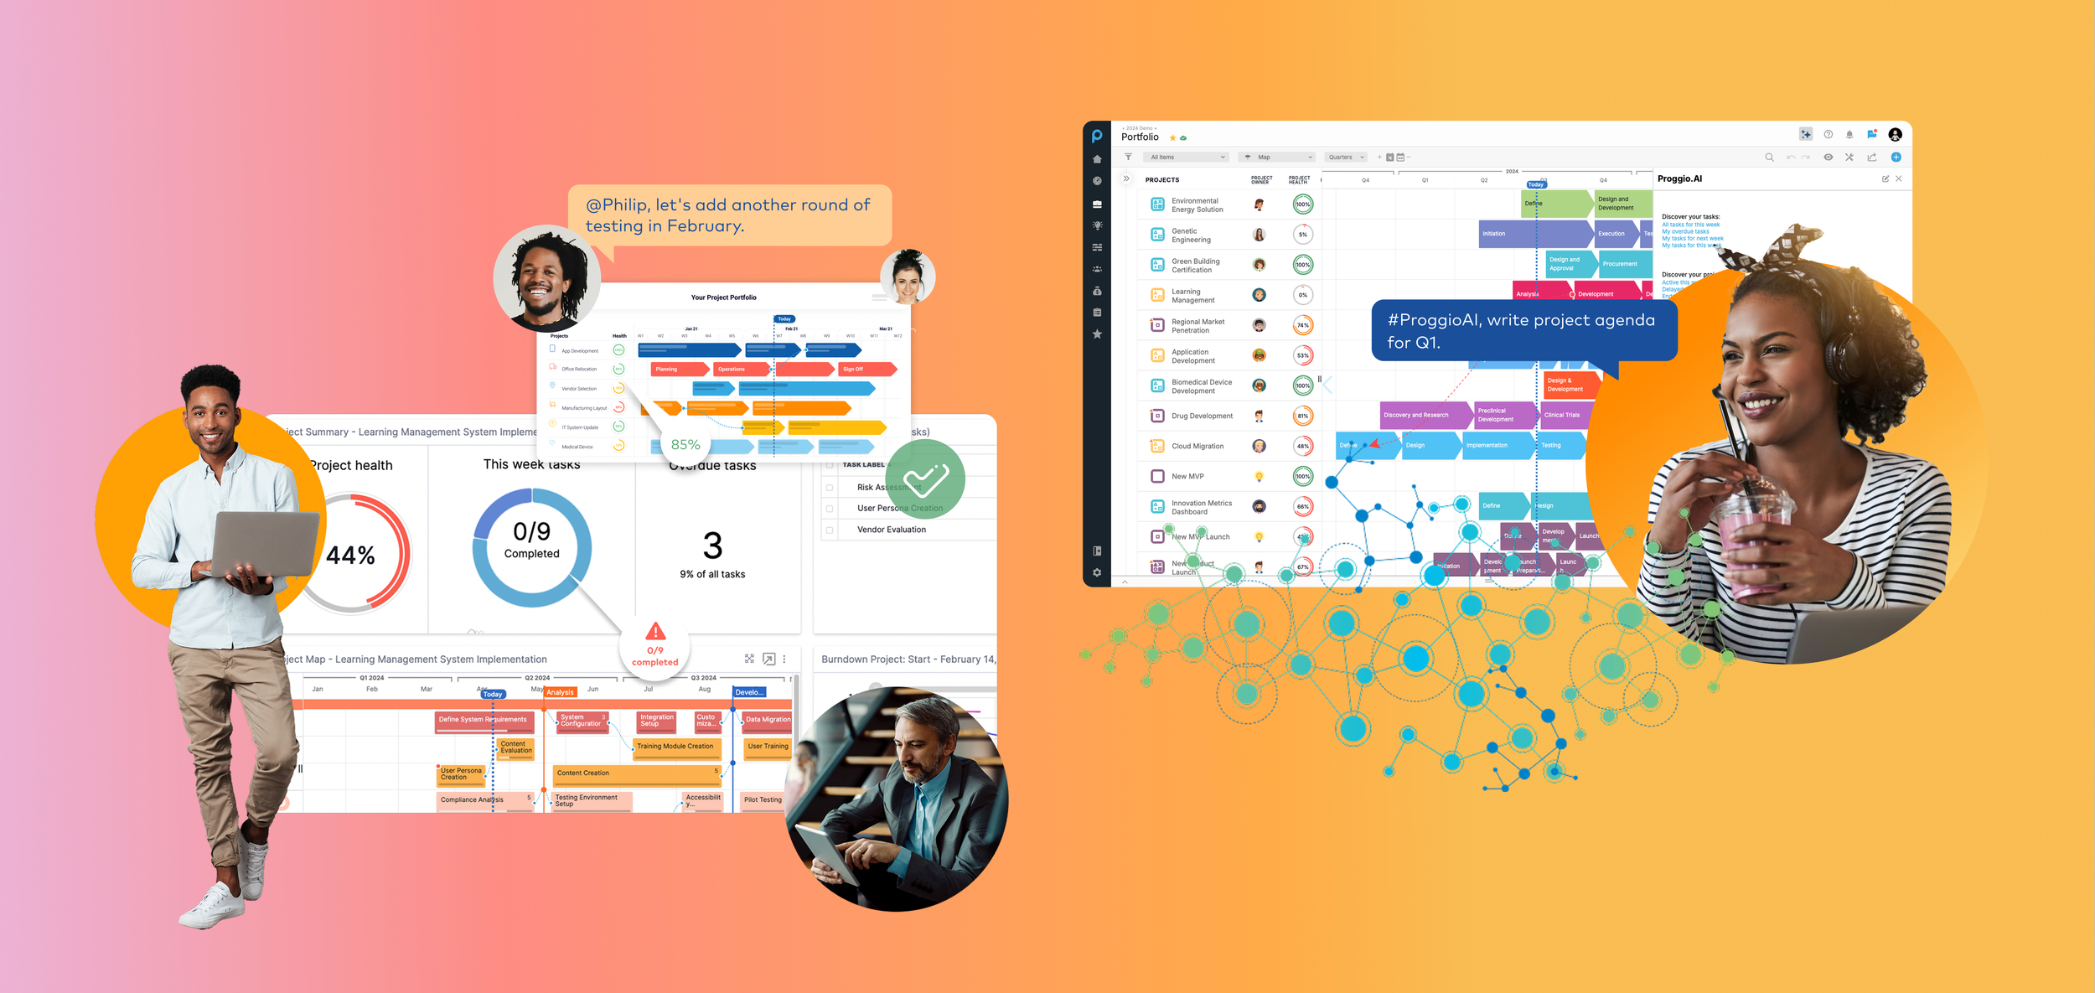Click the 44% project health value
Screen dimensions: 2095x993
(x=350, y=556)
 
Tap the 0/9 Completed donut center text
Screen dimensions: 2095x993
(x=531, y=540)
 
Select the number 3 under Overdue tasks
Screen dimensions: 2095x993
(x=712, y=546)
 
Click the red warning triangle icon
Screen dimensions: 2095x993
(x=655, y=631)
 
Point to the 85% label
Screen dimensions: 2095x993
(x=685, y=445)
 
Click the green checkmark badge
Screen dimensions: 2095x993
(x=925, y=479)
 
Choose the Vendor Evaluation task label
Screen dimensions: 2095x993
(x=891, y=530)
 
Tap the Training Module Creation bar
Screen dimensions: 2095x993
(x=675, y=746)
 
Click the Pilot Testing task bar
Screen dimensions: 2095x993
(x=763, y=799)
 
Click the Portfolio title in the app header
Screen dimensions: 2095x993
(x=1140, y=137)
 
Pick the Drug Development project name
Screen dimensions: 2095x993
(x=1202, y=416)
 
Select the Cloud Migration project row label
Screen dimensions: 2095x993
(x=1198, y=446)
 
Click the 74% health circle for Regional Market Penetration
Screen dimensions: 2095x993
(x=1302, y=325)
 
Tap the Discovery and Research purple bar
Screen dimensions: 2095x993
(x=1425, y=415)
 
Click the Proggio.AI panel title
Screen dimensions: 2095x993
(x=1679, y=178)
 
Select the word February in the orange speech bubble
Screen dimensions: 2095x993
(x=705, y=226)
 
